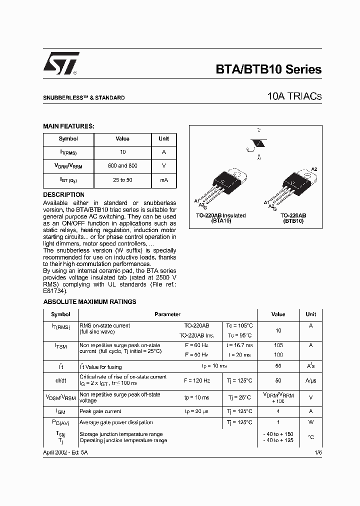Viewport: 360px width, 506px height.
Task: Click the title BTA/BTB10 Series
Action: (x=268, y=70)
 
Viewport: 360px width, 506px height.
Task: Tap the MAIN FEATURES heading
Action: (x=68, y=126)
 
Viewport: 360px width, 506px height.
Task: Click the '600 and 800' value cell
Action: (x=122, y=165)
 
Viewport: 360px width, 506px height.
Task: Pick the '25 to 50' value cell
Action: (x=122, y=179)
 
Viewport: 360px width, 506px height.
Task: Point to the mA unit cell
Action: (x=163, y=179)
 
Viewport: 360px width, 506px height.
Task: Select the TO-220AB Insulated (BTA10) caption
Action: (x=220, y=217)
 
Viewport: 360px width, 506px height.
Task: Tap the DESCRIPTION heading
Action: (x=63, y=194)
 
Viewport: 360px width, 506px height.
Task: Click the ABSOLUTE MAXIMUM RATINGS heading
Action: (x=89, y=302)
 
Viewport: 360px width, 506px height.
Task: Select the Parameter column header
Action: (x=167, y=314)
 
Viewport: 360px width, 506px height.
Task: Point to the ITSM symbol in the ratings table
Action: (x=60, y=346)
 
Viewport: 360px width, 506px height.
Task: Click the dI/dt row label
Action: (x=60, y=380)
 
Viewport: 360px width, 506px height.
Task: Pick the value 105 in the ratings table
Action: (x=278, y=345)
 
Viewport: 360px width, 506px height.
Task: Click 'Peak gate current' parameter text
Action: (x=100, y=411)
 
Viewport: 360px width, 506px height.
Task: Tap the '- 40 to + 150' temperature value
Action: (x=278, y=434)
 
